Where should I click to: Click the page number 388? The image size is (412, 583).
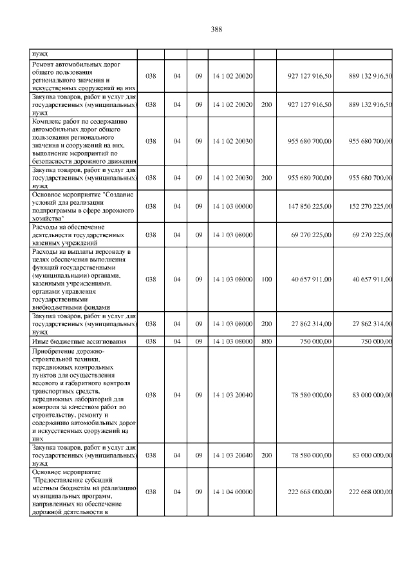(x=216, y=29)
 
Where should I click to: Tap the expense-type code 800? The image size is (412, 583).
(x=265, y=341)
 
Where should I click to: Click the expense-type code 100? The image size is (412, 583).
(x=265, y=279)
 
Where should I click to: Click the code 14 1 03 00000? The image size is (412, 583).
(x=232, y=206)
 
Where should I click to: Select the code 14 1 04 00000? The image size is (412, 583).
(x=232, y=492)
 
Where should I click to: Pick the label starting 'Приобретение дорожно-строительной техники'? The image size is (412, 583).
(x=83, y=395)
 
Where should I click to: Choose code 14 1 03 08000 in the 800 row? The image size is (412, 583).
(x=232, y=341)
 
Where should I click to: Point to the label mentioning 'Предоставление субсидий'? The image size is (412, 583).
(x=83, y=492)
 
